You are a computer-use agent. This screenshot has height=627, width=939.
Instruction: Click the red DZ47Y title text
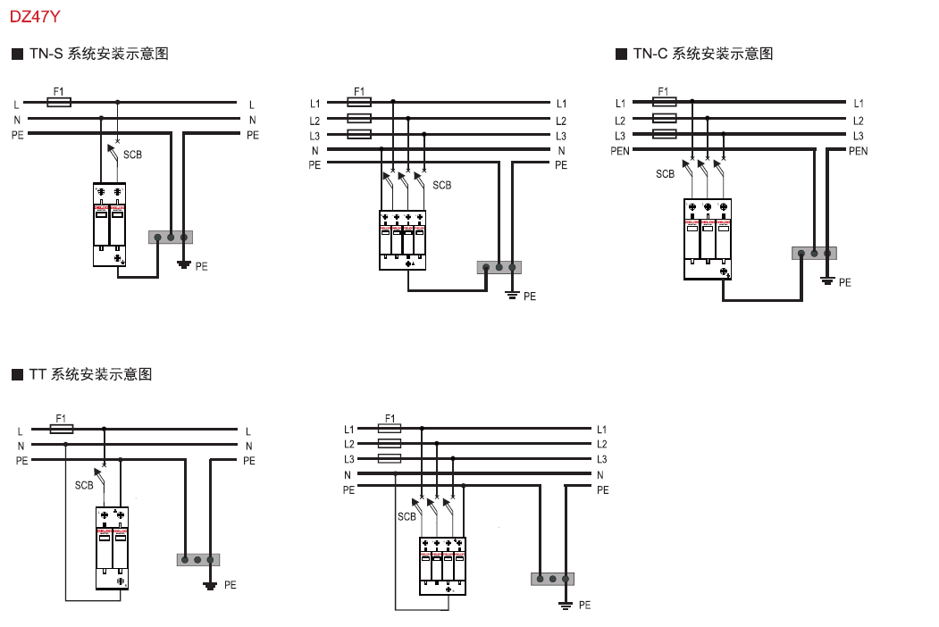pos(35,15)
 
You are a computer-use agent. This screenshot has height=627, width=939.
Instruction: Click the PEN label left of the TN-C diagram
pos(620,151)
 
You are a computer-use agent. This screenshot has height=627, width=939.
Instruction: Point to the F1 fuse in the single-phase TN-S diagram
pos(59,103)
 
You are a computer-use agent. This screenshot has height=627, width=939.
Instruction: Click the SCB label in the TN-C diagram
pos(665,174)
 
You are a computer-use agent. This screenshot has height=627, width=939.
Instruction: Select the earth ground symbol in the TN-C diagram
pos(827,281)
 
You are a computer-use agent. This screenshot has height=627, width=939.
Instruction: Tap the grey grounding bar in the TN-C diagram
pos(814,254)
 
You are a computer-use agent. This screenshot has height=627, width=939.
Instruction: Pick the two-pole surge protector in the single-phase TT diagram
pos(112,548)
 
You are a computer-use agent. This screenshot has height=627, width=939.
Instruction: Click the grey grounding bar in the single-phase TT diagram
pos(197,560)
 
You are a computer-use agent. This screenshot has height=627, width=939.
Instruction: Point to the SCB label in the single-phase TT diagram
pos(84,486)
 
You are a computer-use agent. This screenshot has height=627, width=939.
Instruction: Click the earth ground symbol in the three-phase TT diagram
pos(566,605)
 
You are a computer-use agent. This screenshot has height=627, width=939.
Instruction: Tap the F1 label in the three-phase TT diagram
pos(390,418)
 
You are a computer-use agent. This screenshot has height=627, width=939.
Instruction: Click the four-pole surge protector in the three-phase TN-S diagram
pos(402,240)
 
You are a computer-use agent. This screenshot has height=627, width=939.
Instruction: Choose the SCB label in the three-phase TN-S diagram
pos(441,186)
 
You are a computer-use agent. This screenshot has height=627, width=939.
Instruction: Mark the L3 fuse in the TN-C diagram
pos(665,135)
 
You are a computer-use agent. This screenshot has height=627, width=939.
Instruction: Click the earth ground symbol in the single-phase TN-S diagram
pos(184,264)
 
